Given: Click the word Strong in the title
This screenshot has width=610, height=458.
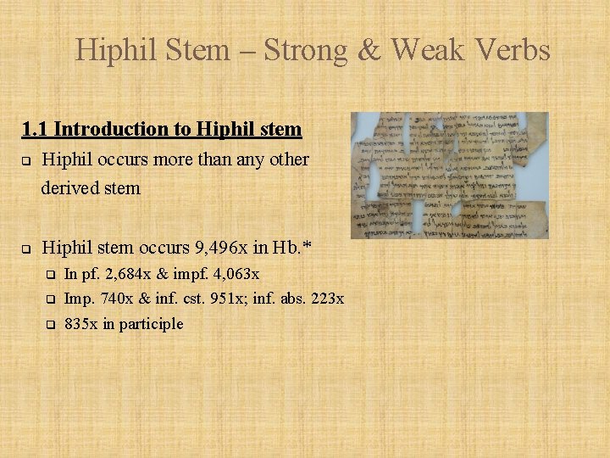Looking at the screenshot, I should coord(305,50).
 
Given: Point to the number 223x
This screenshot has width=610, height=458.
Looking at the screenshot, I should coord(326,299).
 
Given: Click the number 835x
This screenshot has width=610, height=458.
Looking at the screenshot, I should coord(81,323).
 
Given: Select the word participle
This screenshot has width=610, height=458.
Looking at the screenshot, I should coord(152,324).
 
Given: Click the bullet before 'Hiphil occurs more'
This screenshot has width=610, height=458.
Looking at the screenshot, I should coord(26,160).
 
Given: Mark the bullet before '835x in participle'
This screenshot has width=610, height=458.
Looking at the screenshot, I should coord(50,324).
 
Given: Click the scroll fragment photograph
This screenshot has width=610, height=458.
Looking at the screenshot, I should coord(450,175).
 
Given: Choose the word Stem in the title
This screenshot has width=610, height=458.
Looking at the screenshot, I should coord(199,50).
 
